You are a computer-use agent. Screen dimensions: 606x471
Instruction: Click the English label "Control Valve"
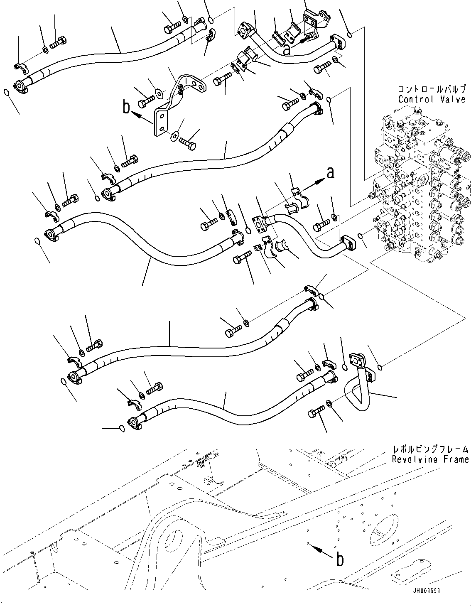[432, 100]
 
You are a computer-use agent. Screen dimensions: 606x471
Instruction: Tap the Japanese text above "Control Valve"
[432, 89]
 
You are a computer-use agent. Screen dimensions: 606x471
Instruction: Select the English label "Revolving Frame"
[430, 459]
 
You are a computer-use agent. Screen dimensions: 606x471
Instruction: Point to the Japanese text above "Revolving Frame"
[430, 449]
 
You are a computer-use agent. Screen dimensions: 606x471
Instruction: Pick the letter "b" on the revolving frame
[340, 560]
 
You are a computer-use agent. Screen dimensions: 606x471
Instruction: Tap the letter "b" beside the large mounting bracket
[127, 108]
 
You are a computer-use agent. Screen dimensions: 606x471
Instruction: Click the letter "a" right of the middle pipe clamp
[330, 173]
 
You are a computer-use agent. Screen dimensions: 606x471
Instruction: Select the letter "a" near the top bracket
[286, 50]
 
